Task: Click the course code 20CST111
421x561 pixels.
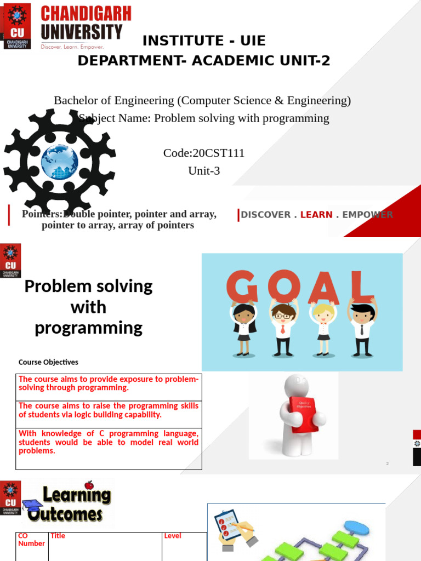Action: click(x=204, y=153)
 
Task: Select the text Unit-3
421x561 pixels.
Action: click(x=204, y=170)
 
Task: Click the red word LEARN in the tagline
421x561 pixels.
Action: click(x=316, y=215)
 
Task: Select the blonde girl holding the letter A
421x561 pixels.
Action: click(x=323, y=327)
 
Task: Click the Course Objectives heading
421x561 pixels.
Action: click(x=48, y=362)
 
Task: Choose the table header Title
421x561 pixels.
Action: click(x=58, y=536)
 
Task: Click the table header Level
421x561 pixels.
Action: click(x=173, y=536)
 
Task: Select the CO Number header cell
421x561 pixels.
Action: click(x=31, y=540)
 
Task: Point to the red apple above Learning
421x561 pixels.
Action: click(x=89, y=485)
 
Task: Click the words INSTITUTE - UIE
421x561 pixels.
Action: click(x=204, y=41)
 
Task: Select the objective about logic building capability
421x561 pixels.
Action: click(x=109, y=410)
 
